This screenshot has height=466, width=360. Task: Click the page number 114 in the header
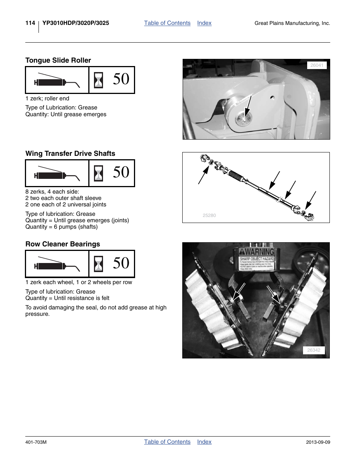click(30, 23)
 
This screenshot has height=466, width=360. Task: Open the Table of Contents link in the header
click(167, 23)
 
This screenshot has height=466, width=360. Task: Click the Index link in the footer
click(204, 442)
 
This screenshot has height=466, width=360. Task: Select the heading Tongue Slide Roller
click(58, 60)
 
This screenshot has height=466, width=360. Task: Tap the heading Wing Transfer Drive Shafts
click(70, 154)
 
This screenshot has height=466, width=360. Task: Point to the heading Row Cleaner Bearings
click(63, 244)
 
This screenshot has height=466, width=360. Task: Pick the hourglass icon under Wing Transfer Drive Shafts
click(98, 173)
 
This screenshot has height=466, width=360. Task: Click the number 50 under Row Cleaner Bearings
click(121, 263)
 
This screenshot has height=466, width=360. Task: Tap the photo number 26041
click(317, 65)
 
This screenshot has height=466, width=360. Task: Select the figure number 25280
click(209, 215)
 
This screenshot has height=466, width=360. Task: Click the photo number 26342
click(314, 350)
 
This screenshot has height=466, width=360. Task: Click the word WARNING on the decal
click(259, 252)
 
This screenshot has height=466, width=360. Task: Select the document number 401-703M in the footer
click(36, 442)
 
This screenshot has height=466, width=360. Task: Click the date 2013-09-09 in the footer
click(318, 442)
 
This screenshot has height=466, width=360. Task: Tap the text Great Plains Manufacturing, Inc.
click(292, 23)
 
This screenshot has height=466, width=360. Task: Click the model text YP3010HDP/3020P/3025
click(76, 23)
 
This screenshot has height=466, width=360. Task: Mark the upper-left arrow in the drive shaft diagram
click(203, 175)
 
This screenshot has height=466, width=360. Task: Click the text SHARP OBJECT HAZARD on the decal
click(257, 259)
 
